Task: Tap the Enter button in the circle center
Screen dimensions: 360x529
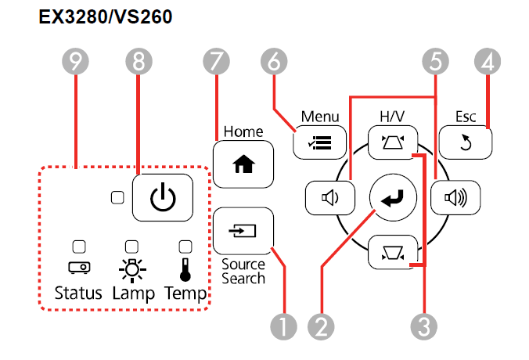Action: (x=390, y=199)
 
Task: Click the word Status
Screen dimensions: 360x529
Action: (x=78, y=294)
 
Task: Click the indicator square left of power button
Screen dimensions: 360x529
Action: (x=117, y=199)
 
